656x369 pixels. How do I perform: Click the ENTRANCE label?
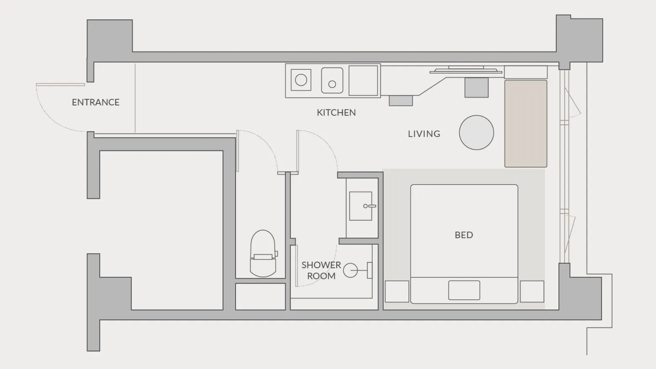coord(95,102)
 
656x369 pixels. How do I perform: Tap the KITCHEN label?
coord(336,112)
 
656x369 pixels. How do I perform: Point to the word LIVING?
coord(424,134)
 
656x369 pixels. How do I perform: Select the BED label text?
coord(464,235)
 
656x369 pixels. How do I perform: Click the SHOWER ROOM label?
coord(321,270)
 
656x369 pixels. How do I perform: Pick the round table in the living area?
coord(476,132)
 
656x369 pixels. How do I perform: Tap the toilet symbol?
coord(263,253)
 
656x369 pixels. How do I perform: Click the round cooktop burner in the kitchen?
coord(301,80)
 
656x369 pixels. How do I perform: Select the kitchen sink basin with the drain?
coord(332,80)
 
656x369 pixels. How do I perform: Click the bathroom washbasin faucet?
coord(370,206)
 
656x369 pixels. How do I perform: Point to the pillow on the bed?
coord(464,290)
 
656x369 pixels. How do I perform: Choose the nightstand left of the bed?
coord(397,291)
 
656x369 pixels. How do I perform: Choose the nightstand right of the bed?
coord(532,291)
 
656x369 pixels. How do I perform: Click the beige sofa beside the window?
coord(526,124)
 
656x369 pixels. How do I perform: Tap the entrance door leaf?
coord(60,84)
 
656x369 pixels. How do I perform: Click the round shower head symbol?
coord(350,270)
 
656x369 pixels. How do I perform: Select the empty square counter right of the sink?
coord(363,80)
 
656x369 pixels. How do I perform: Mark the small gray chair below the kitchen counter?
coord(401,101)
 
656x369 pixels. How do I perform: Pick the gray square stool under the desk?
coord(476,87)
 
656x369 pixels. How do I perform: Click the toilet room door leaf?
coord(238,151)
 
